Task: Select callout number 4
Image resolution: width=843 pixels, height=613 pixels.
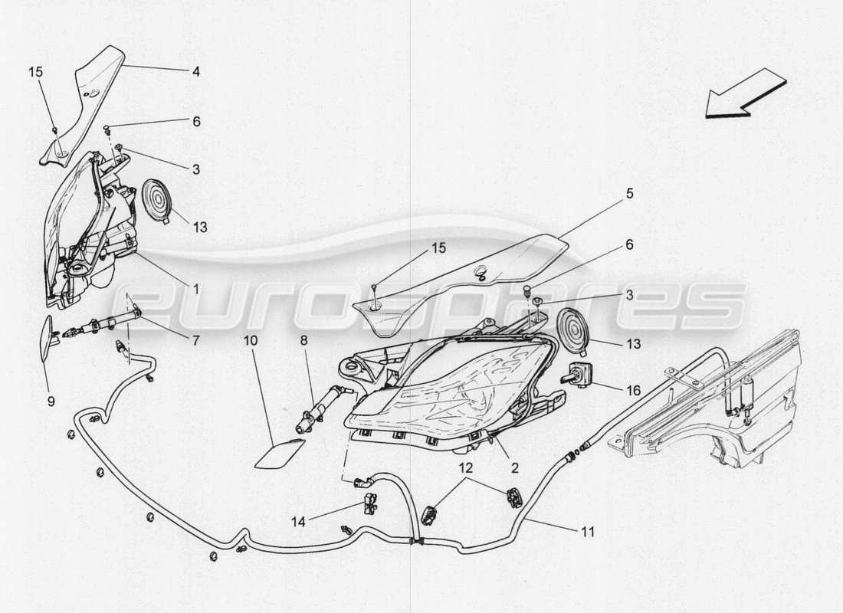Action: [x=196, y=73]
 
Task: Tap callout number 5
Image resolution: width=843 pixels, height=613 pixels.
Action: [x=629, y=194]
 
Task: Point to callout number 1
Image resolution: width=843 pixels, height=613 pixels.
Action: [x=195, y=289]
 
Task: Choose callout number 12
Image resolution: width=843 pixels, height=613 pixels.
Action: [x=466, y=466]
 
